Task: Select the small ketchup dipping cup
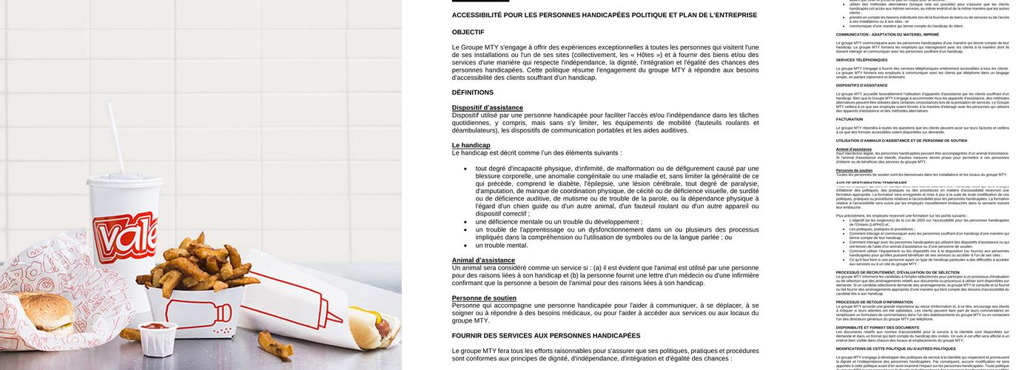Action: point(158,337)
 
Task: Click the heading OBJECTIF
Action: point(468,32)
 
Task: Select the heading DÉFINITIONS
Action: point(472,92)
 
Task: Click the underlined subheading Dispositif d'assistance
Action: point(487,108)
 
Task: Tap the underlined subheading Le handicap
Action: point(471,145)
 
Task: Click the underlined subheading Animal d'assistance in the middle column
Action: point(483,260)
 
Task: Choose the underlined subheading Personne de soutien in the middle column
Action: point(484,298)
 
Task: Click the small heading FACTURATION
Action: point(850,119)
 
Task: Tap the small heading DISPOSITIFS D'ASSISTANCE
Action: point(861,85)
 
